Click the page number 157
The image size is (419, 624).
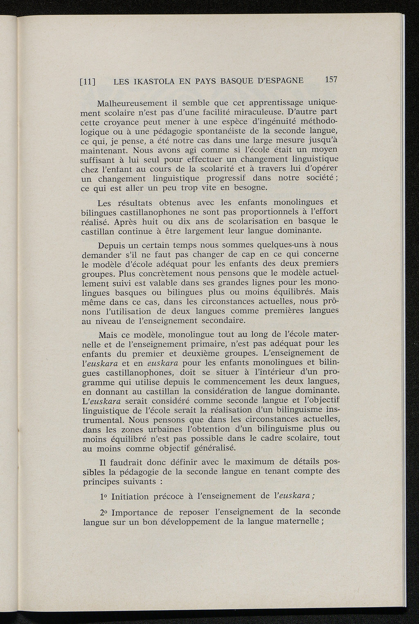[331, 80]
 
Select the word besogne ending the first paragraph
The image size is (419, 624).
[251, 188]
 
